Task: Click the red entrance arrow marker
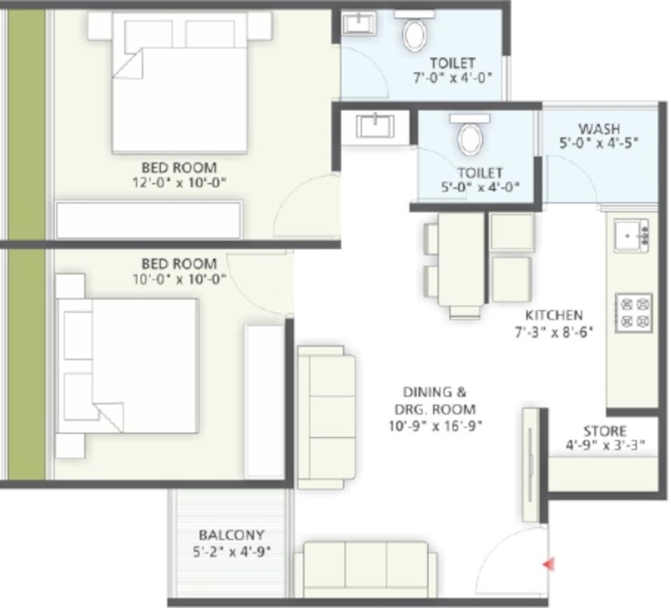pos(549,563)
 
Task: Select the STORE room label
pos(604,431)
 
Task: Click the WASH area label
pos(598,129)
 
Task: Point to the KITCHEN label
pos(553,316)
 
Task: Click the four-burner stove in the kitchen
pos(634,312)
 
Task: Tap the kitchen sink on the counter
pos(630,235)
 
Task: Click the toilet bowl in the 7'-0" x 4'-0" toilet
pos(415,33)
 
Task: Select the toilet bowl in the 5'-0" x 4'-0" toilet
pos(470,136)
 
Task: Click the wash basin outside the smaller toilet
pos(375,127)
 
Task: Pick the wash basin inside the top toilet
pos(359,23)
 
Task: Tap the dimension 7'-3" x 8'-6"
pos(553,332)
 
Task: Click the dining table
pos(461,259)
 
